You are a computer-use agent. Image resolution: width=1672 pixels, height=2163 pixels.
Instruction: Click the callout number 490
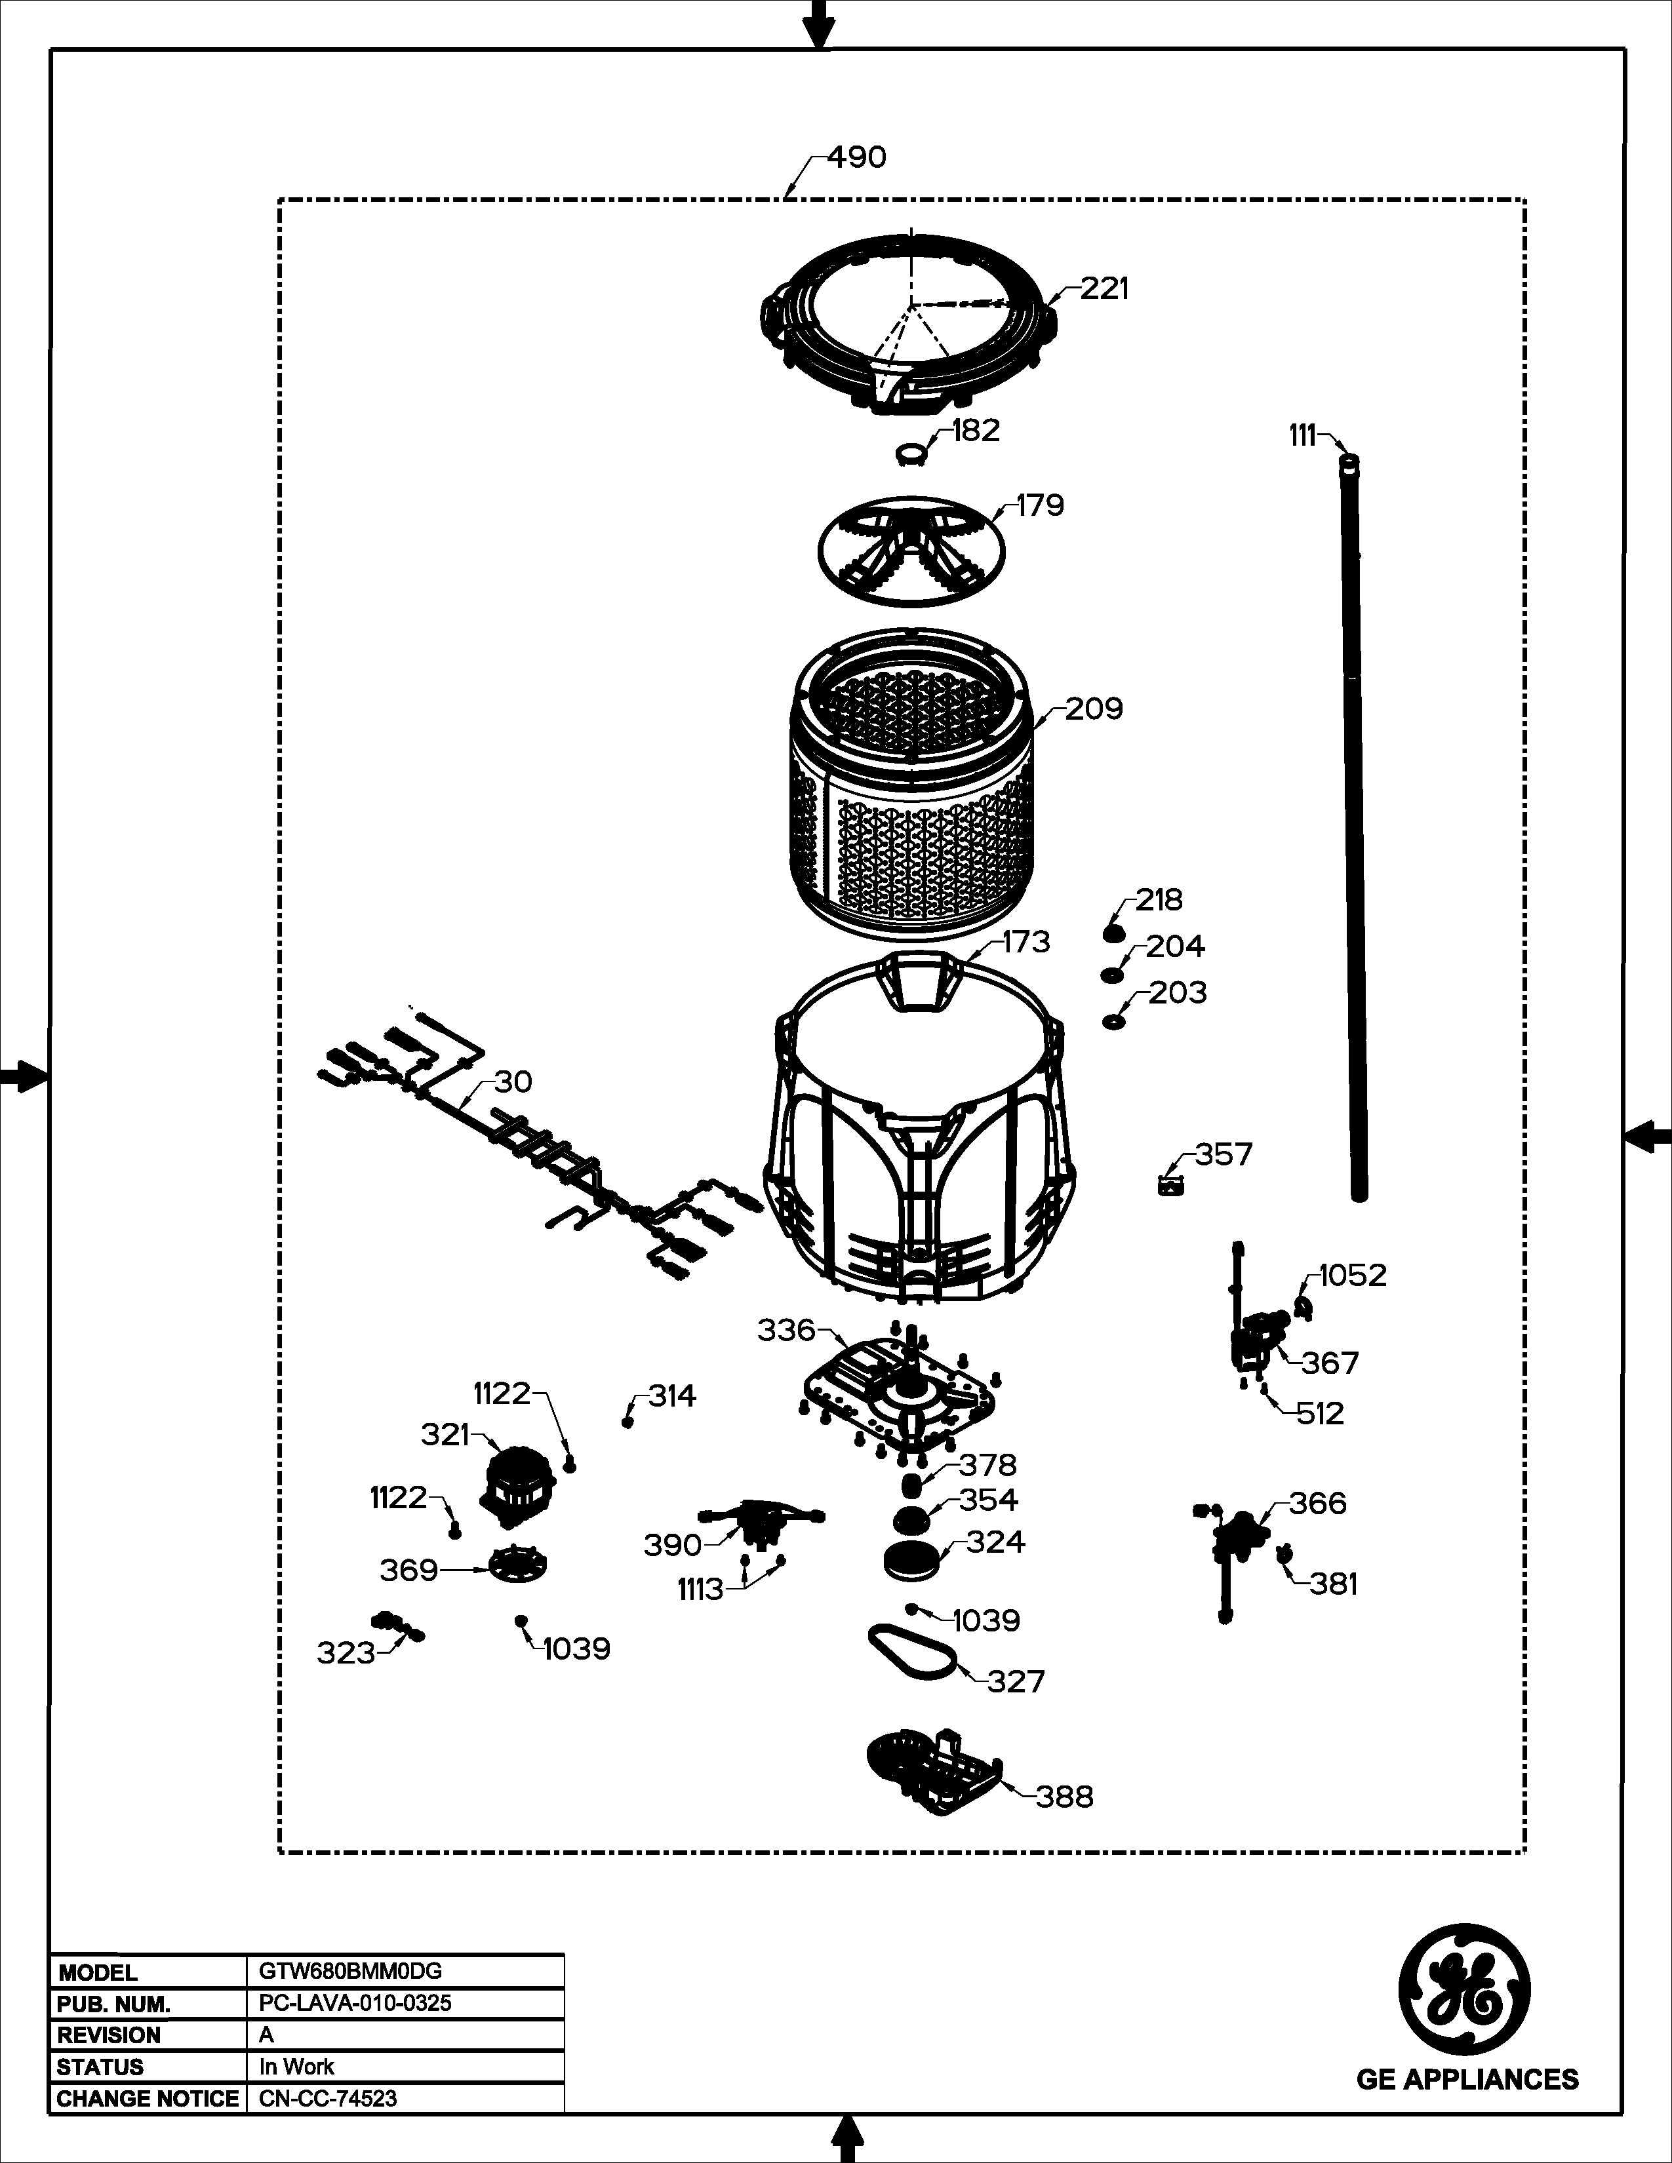click(857, 157)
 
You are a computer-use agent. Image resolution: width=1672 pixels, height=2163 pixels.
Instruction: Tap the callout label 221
click(1104, 288)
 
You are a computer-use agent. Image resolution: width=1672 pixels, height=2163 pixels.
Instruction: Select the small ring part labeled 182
click(910, 454)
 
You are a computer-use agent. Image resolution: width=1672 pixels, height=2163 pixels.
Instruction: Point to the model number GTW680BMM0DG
click(344, 1972)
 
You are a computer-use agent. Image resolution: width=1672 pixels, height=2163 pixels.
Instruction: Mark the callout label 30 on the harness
click(513, 1081)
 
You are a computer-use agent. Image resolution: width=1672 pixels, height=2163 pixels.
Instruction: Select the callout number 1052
click(1353, 1275)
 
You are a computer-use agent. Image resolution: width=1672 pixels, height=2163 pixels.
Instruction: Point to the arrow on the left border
click(24, 1076)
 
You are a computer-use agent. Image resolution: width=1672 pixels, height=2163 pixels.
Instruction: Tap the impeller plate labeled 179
click(910, 551)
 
